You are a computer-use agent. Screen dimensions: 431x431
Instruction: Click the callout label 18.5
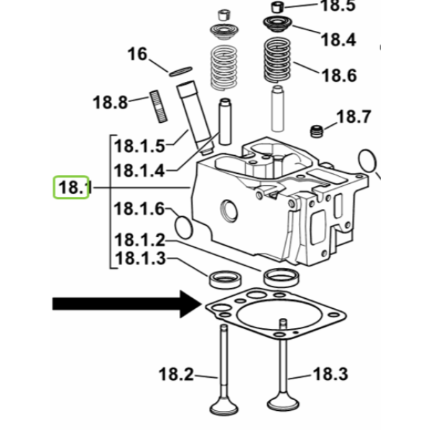click(x=338, y=6)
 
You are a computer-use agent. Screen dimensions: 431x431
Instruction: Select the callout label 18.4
click(x=338, y=40)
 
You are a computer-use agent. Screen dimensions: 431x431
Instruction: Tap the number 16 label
click(x=137, y=54)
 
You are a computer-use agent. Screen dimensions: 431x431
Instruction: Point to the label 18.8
click(x=110, y=103)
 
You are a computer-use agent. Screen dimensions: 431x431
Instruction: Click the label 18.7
click(x=353, y=116)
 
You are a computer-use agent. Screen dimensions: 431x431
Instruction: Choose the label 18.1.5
click(x=139, y=146)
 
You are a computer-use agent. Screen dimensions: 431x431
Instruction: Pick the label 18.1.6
click(x=139, y=209)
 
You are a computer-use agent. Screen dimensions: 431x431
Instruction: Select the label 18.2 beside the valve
click(x=176, y=374)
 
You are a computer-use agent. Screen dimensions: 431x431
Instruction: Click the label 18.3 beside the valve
click(x=330, y=374)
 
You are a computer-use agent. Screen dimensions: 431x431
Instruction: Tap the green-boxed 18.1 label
click(x=71, y=187)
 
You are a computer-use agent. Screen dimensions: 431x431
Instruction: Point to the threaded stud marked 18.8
click(x=159, y=106)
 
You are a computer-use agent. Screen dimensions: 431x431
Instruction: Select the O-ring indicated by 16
click(x=180, y=71)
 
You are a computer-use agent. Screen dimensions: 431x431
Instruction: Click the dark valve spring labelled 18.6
click(x=277, y=60)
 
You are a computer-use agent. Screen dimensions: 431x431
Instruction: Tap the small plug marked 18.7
click(x=316, y=131)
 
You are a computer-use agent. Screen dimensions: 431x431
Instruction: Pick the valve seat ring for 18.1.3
click(x=226, y=279)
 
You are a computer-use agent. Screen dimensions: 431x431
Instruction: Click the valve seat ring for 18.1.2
click(x=282, y=277)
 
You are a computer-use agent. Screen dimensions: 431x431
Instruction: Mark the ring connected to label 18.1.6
click(x=184, y=227)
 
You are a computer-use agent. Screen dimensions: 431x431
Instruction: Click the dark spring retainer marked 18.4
click(x=277, y=24)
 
